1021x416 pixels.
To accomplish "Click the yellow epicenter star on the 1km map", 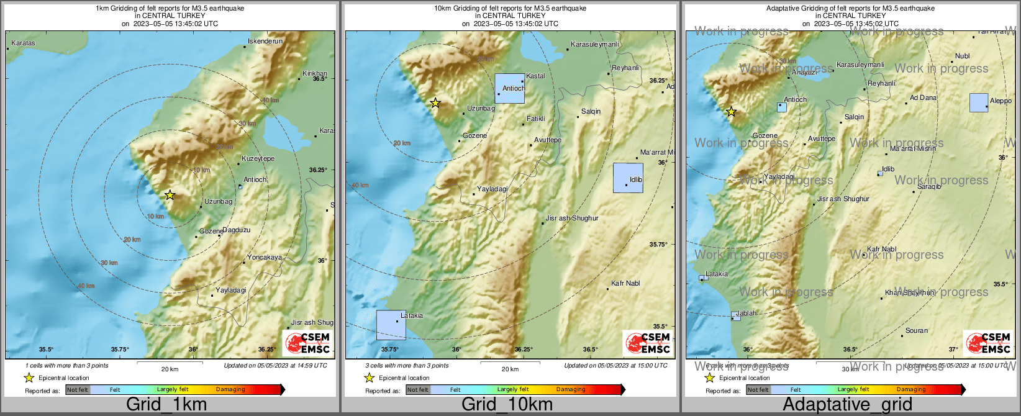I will (x=170, y=195).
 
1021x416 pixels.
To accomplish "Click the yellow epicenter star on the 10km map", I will (x=435, y=102).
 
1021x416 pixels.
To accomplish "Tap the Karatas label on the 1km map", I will (x=23, y=43).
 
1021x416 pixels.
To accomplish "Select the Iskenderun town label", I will (x=265, y=42).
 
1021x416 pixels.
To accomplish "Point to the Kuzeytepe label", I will (x=258, y=159).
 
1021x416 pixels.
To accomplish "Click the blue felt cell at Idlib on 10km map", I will (x=628, y=178).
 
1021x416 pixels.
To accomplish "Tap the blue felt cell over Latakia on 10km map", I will (x=391, y=325).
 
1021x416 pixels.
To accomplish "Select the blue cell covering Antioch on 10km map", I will (x=510, y=88).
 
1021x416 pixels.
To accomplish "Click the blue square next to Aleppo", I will (x=979, y=102).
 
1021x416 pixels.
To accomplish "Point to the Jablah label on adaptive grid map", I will (x=746, y=314).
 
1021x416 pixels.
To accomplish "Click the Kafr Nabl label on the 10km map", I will (x=625, y=284).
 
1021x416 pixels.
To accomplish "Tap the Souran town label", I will (x=917, y=331).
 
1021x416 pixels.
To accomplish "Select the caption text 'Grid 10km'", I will (x=507, y=405).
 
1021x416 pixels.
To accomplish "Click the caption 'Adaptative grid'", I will (x=847, y=405).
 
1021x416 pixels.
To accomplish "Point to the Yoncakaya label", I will (x=265, y=258).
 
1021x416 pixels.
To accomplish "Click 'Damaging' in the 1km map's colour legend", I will (x=230, y=390).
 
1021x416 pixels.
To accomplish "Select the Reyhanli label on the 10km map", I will (x=625, y=68).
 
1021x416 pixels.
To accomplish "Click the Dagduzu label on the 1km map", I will (x=236, y=230).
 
